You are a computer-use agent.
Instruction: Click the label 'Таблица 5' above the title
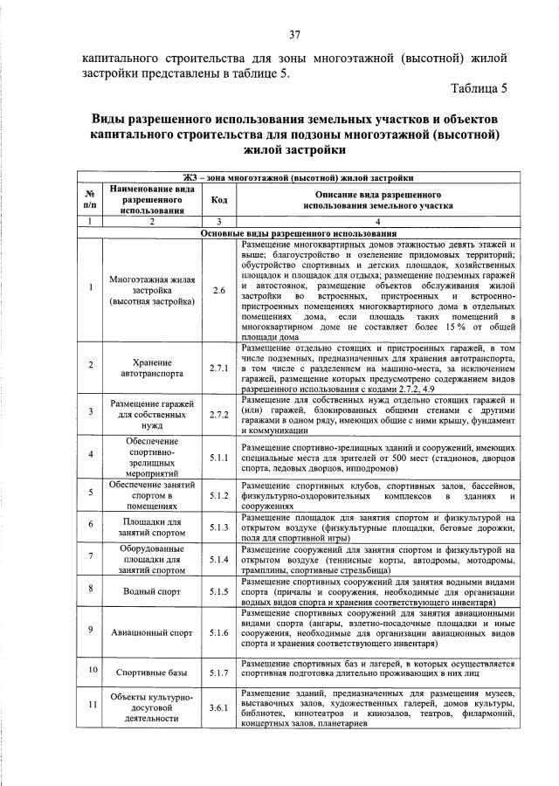[479, 88]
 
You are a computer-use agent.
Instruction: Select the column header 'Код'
[219, 199]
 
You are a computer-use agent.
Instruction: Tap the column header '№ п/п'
[90, 199]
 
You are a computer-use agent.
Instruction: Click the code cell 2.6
[219, 289]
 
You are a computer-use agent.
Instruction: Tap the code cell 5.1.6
[219, 631]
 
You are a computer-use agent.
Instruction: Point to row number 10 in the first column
[90, 669]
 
